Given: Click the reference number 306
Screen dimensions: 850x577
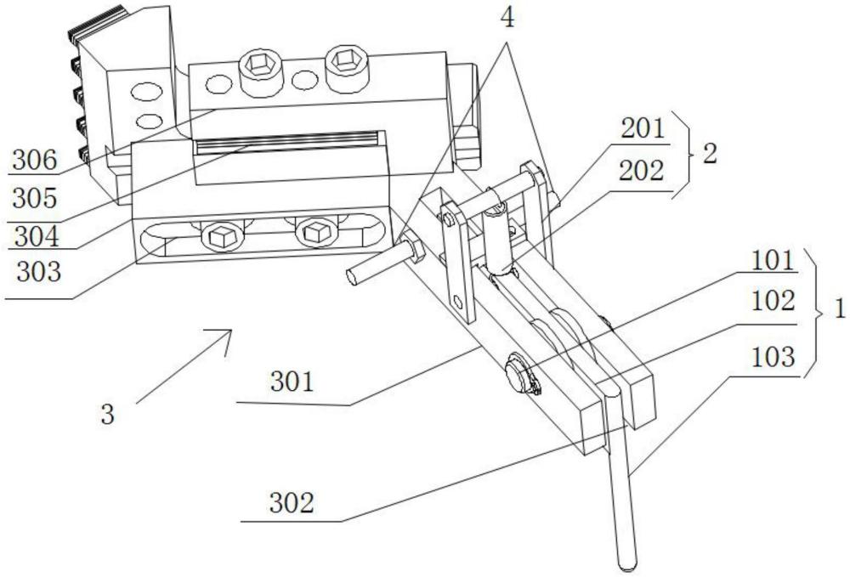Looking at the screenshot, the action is pos(35,161).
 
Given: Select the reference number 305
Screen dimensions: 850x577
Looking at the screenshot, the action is pos(35,198).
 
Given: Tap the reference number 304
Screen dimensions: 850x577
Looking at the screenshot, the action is pos(37,236).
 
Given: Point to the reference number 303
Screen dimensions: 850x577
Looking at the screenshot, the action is pos(39,271).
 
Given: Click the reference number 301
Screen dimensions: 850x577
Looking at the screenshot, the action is pos(292,382).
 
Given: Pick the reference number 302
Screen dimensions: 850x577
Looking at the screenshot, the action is pos(292,503).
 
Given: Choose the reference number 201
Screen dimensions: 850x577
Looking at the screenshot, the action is pos(643,129).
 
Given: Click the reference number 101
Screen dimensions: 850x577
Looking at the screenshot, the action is pos(773,262).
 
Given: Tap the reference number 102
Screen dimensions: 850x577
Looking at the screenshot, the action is pos(773,301).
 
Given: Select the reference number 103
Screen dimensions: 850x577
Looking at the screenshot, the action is pos(773,357).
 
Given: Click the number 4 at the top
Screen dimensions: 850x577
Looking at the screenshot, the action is pos(507,19).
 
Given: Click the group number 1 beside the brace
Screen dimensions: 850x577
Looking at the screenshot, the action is pos(840,309).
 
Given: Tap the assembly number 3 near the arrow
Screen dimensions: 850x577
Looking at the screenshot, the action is pos(108,415).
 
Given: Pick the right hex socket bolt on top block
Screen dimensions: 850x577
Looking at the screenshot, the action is pos(346,65).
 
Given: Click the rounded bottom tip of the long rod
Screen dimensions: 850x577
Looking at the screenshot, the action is pos(628,566).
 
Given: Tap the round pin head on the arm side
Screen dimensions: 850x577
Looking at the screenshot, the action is pos(519,373).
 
